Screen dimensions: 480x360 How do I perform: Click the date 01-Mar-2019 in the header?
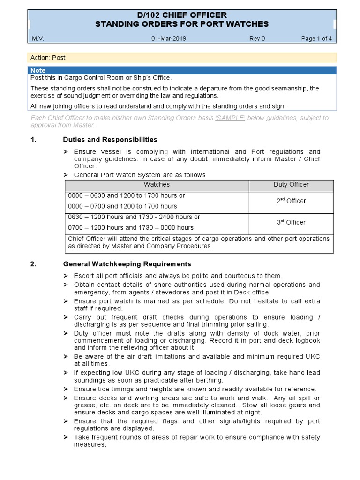click(169, 39)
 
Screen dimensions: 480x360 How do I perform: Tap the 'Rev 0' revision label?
click(257, 39)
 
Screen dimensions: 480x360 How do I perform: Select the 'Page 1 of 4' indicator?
click(316, 39)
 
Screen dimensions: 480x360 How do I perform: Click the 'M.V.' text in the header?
click(37, 39)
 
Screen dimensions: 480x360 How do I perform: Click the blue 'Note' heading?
click(38, 70)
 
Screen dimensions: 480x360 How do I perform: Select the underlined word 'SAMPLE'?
click(230, 118)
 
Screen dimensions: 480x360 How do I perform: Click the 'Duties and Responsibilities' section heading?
click(110, 140)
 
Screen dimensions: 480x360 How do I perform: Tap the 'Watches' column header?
click(157, 185)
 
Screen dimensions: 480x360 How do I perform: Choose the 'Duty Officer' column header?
click(291, 185)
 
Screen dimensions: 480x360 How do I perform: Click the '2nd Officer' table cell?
click(291, 201)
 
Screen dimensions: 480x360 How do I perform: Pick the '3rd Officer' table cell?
click(291, 222)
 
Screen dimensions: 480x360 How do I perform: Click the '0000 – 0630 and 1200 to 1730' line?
click(127, 195)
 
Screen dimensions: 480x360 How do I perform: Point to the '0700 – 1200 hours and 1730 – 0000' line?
click(131, 228)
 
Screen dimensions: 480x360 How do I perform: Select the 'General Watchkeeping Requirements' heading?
click(127, 264)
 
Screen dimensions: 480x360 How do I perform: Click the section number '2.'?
click(33, 264)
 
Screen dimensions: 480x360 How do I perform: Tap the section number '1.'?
click(33, 140)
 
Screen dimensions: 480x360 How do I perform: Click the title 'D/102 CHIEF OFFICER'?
click(182, 15)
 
